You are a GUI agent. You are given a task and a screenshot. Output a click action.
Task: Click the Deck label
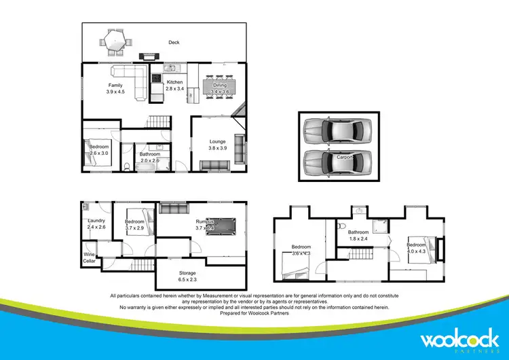(x=174, y=43)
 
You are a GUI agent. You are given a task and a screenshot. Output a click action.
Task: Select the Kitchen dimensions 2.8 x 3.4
(x=175, y=89)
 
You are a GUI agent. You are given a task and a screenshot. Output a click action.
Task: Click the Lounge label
(x=216, y=141)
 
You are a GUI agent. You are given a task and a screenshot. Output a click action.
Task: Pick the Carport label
(x=345, y=157)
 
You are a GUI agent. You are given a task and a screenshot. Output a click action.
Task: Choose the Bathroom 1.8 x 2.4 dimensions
(x=358, y=238)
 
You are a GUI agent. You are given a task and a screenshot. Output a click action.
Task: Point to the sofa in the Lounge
(x=216, y=165)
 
